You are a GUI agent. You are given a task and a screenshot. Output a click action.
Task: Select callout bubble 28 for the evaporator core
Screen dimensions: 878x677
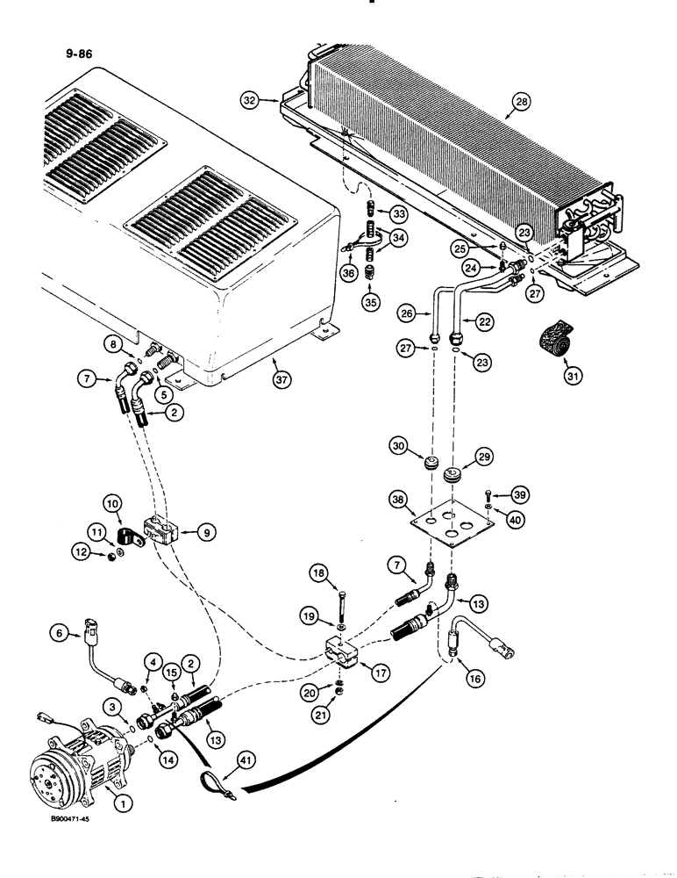coord(522,104)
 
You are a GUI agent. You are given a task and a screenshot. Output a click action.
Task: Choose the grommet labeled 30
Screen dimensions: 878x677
coord(431,463)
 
